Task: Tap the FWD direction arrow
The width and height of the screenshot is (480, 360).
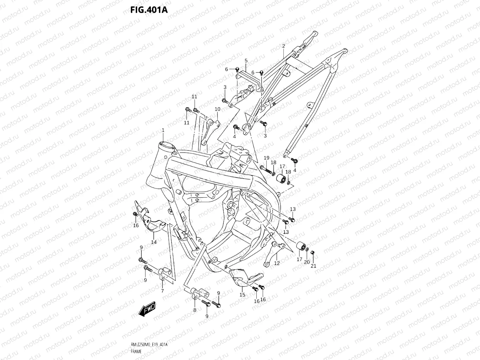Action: pos(147,308)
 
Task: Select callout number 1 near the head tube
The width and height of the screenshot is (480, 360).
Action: pos(163,130)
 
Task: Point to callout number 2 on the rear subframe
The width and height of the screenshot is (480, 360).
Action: pos(283,46)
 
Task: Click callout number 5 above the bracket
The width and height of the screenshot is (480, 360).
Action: pos(246,61)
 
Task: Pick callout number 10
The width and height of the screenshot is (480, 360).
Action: pos(217,109)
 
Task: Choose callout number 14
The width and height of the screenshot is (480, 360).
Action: pos(154,242)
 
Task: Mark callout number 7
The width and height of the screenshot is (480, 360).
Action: pos(162,291)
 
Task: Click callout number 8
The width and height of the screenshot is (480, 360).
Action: pos(194,310)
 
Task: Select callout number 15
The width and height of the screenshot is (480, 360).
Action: pos(242,295)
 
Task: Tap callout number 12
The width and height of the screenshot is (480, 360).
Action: pos(277,263)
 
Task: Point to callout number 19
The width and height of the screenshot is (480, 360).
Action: pos(267,158)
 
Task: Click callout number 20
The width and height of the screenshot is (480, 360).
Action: pos(307,262)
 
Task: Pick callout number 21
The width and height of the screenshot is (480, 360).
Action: pos(313,266)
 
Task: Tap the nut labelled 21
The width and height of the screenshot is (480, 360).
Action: pos(313,252)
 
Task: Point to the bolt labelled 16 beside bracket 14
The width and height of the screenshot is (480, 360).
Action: pos(135,214)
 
